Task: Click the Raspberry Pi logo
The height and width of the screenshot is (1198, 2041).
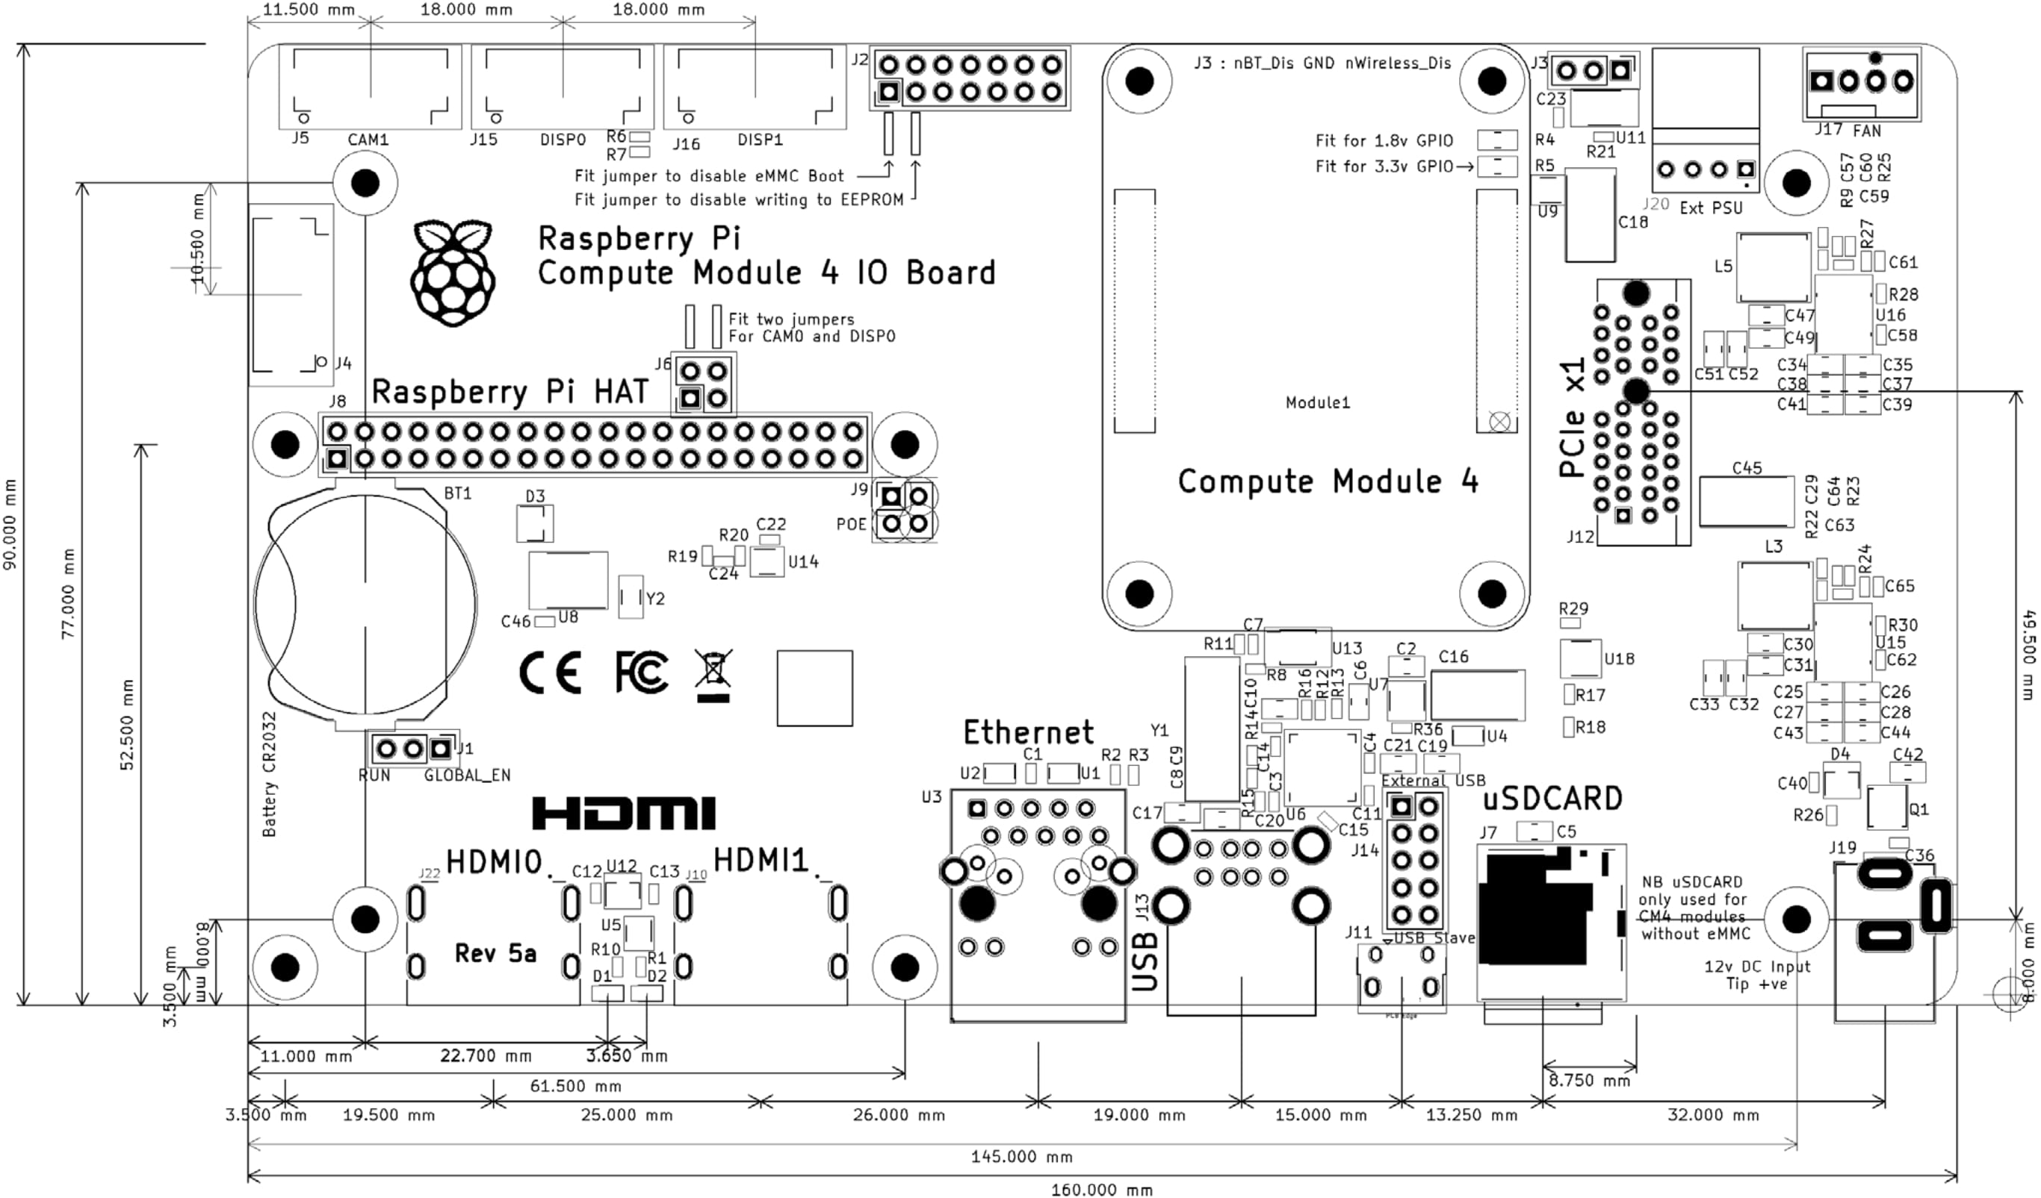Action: click(452, 272)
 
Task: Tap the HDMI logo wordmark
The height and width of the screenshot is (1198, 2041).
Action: click(624, 814)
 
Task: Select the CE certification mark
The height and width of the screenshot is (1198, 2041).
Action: click(550, 673)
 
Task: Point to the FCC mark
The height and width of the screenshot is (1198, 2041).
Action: click(642, 672)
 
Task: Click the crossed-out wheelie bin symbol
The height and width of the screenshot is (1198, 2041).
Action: click(713, 674)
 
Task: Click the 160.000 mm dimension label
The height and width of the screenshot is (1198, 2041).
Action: click(1101, 1189)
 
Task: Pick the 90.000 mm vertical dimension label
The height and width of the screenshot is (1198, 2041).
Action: click(10, 524)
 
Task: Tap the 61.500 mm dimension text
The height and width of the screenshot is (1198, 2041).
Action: click(575, 1085)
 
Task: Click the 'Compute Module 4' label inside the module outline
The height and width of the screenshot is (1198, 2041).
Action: click(1328, 481)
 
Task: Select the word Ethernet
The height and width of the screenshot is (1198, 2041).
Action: click(1028, 732)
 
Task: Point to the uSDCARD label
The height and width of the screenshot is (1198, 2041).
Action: click(1552, 799)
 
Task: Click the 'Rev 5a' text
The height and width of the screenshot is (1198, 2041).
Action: click(495, 953)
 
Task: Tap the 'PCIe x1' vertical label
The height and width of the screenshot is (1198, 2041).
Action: click(1572, 418)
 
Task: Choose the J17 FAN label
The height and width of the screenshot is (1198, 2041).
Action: click(1847, 130)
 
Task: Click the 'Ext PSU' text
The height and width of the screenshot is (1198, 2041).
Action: click(1711, 208)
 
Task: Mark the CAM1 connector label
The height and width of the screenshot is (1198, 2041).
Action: click(368, 140)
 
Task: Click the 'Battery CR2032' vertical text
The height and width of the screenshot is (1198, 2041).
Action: click(270, 774)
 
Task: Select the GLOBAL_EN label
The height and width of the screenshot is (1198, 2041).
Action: click(468, 776)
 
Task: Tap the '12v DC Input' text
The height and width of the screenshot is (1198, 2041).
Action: click(1756, 967)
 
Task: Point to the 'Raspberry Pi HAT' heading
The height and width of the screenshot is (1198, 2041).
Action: click(510, 392)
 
